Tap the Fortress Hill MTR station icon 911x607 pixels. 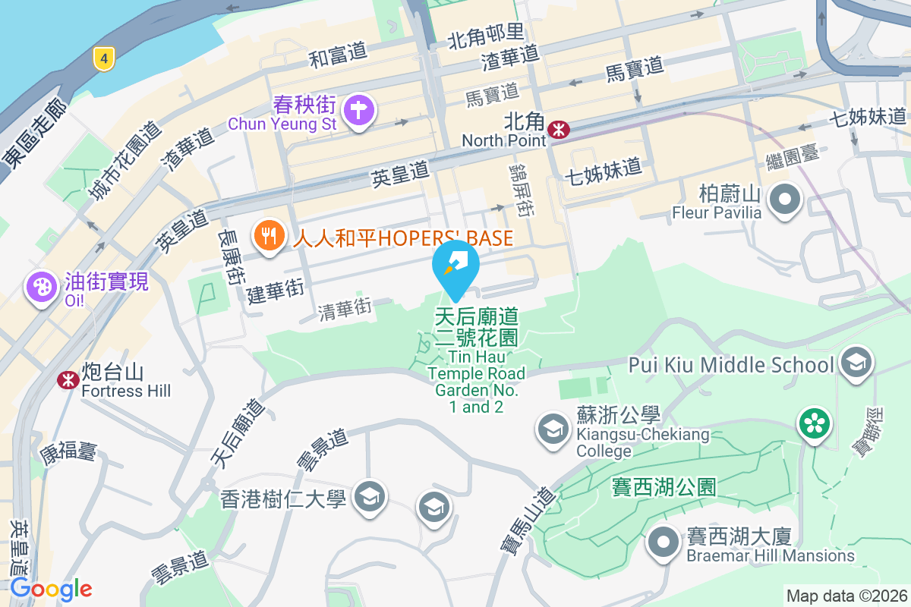point(68,379)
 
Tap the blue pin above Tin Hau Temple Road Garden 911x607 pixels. point(455,266)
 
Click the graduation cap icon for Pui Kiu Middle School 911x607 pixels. point(857,362)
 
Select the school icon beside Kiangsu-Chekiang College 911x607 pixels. point(554,429)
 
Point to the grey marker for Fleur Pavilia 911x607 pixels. point(786,200)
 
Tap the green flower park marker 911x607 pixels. point(814,423)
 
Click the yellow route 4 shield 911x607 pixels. point(104,58)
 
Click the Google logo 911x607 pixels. point(51,588)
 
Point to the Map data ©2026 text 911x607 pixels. point(846,596)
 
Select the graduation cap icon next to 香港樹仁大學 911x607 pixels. point(370,496)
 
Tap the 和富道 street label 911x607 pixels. point(338,55)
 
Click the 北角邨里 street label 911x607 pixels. point(486,34)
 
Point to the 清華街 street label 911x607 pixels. point(345,308)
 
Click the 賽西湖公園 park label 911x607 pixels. point(664,486)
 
